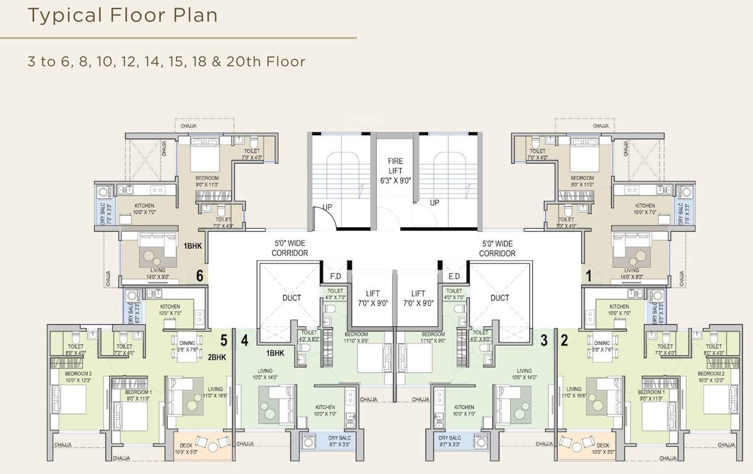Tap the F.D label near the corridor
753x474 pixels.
pyautogui.click(x=336, y=276)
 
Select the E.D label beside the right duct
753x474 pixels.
pyautogui.click(x=455, y=276)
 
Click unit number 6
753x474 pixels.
pyautogui.click(x=200, y=276)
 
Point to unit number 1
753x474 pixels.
pyautogui.click(x=588, y=276)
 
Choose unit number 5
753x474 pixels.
pyautogui.click(x=224, y=339)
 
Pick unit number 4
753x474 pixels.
pyautogui.click(x=245, y=339)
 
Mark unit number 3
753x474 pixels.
pyautogui.click(x=544, y=339)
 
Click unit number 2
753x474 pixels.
pyautogui.click(x=564, y=339)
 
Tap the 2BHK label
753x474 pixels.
pyautogui.click(x=218, y=357)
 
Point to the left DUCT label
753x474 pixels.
pyautogui.click(x=292, y=298)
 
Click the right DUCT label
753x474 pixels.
pyautogui.click(x=500, y=298)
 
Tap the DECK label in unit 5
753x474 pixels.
pyautogui.click(x=186, y=445)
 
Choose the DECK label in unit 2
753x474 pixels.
pyautogui.click(x=603, y=445)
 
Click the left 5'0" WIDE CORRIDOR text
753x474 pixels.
pyautogui.click(x=290, y=249)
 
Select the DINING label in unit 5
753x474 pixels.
pyautogui.click(x=187, y=343)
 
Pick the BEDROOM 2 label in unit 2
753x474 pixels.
pyautogui.click(x=710, y=374)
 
